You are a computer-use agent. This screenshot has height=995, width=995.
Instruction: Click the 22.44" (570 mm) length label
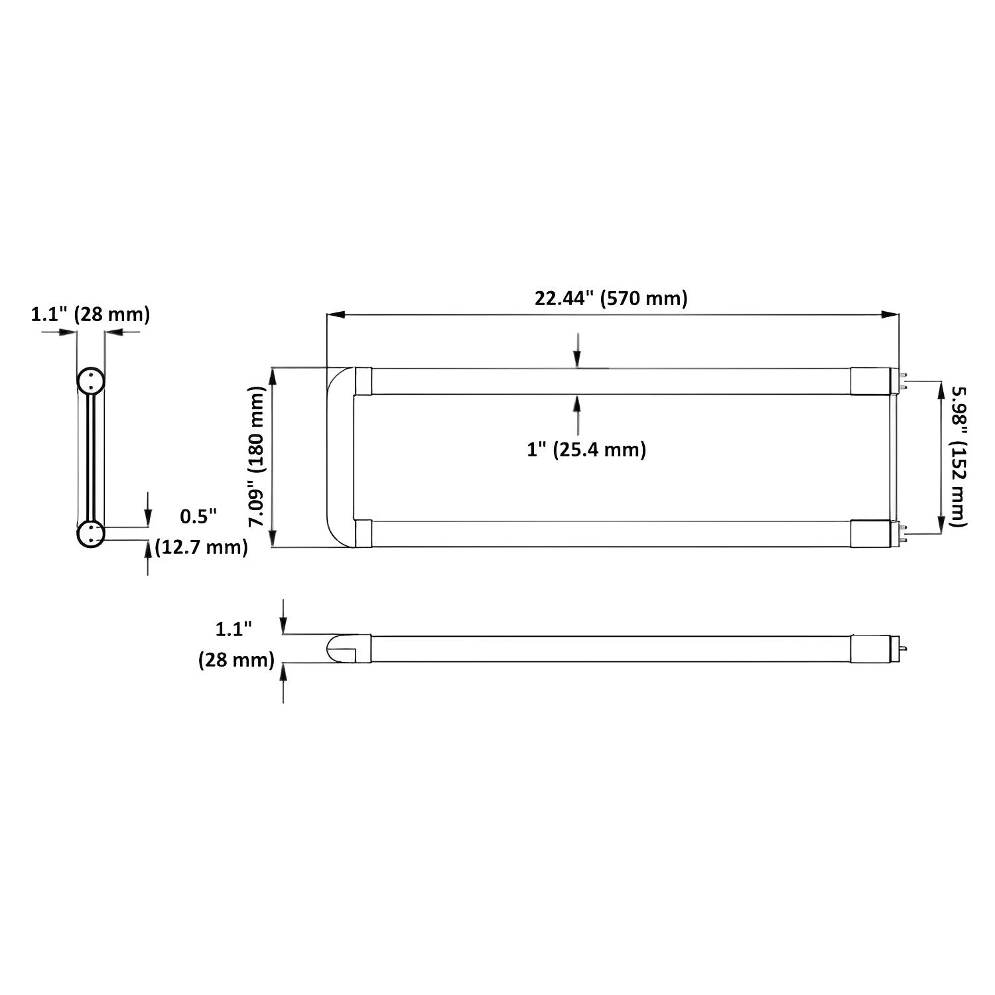(x=611, y=298)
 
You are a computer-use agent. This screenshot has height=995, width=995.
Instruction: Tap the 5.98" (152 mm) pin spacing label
(x=959, y=458)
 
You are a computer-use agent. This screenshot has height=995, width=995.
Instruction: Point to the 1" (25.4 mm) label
(x=586, y=450)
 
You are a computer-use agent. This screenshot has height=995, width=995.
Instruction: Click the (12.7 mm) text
(x=201, y=547)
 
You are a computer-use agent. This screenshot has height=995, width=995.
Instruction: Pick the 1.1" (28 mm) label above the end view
(x=90, y=314)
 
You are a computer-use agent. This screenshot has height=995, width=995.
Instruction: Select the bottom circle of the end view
(x=90, y=535)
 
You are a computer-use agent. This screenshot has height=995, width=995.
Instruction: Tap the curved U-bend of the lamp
(x=338, y=457)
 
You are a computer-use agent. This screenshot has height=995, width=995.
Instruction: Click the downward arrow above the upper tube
(x=578, y=358)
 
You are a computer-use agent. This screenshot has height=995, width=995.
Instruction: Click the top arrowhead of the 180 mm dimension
(x=273, y=375)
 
